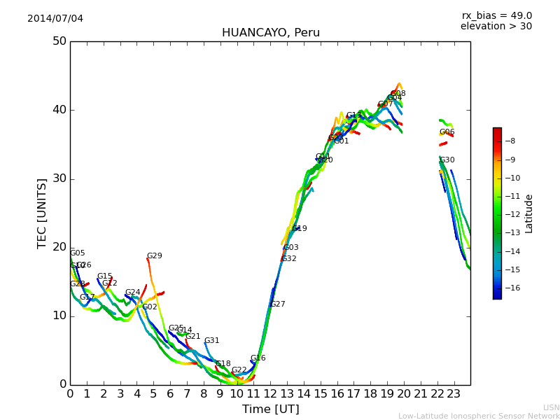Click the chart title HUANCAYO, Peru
click(x=270, y=33)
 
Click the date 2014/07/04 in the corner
click(x=55, y=18)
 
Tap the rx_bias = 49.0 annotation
click(x=496, y=15)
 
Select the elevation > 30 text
click(x=496, y=27)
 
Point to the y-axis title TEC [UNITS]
click(x=43, y=213)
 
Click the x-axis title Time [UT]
click(x=270, y=409)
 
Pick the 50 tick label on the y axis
click(x=59, y=41)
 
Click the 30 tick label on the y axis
click(x=59, y=178)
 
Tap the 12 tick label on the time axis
click(x=270, y=393)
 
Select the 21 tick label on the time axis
click(x=421, y=393)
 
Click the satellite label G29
click(x=154, y=256)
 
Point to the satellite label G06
click(x=447, y=132)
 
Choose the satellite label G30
click(x=447, y=160)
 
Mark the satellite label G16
click(x=258, y=358)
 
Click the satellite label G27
click(x=277, y=304)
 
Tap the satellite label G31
click(x=211, y=341)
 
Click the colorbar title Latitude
click(x=529, y=213)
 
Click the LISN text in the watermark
click(x=551, y=407)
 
